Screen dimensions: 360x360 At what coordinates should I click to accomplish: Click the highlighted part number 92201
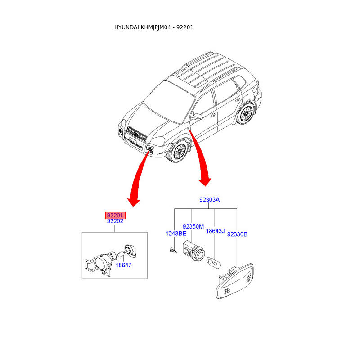(x=115, y=216)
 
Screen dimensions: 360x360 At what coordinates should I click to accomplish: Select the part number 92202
(x=115, y=221)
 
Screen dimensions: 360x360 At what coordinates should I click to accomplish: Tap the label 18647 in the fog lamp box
(x=123, y=265)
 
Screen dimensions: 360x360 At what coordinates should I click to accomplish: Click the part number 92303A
(x=210, y=200)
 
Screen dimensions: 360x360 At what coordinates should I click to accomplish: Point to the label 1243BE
(x=175, y=234)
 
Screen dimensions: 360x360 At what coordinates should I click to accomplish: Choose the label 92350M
(x=193, y=226)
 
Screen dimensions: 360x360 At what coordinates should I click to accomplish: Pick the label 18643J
(x=215, y=231)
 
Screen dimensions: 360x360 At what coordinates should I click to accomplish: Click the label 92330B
(x=237, y=234)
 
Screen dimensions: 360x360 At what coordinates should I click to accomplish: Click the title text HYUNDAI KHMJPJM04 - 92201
(x=154, y=27)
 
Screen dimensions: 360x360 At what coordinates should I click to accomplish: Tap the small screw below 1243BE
(x=172, y=250)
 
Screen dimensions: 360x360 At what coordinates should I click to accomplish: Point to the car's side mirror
(x=197, y=117)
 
